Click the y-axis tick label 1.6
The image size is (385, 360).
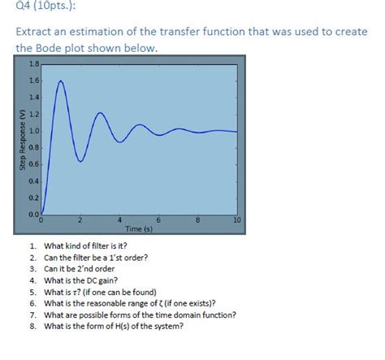pos(33,80)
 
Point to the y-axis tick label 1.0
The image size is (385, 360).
pos(33,131)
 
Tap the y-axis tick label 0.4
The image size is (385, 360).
pos(33,180)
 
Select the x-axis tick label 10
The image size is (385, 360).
pos(236,220)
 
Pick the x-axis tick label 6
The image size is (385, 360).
pos(158,220)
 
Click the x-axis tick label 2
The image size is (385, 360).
pos(80,220)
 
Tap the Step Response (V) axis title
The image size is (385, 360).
pos(23,139)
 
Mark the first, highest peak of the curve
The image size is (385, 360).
pos(60,80)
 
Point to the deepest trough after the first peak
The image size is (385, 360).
pos(80,162)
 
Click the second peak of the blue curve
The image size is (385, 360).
pos(100,112)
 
